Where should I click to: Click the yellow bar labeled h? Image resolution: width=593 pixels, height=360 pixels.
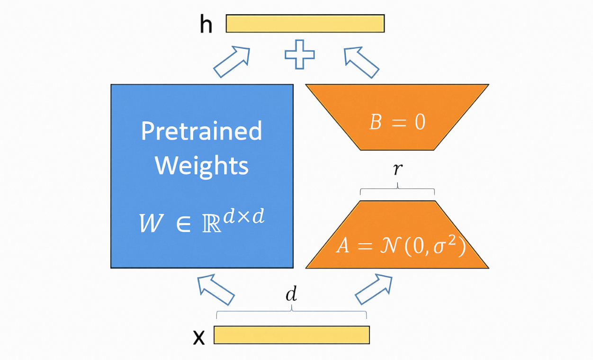[x=305, y=23]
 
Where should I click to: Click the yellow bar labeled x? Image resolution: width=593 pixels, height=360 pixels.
[x=291, y=335]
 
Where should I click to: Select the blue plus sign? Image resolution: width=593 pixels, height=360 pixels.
[x=299, y=54]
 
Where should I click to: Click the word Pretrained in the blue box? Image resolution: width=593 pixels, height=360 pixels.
[x=201, y=131]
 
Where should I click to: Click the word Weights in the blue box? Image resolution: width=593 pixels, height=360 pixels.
[x=201, y=165]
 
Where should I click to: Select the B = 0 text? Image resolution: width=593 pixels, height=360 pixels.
[x=397, y=122]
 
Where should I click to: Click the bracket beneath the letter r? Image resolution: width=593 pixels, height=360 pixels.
[x=397, y=190]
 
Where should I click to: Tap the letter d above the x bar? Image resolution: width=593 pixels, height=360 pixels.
[x=291, y=295]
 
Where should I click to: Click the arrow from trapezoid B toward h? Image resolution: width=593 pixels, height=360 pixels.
[x=361, y=62]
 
